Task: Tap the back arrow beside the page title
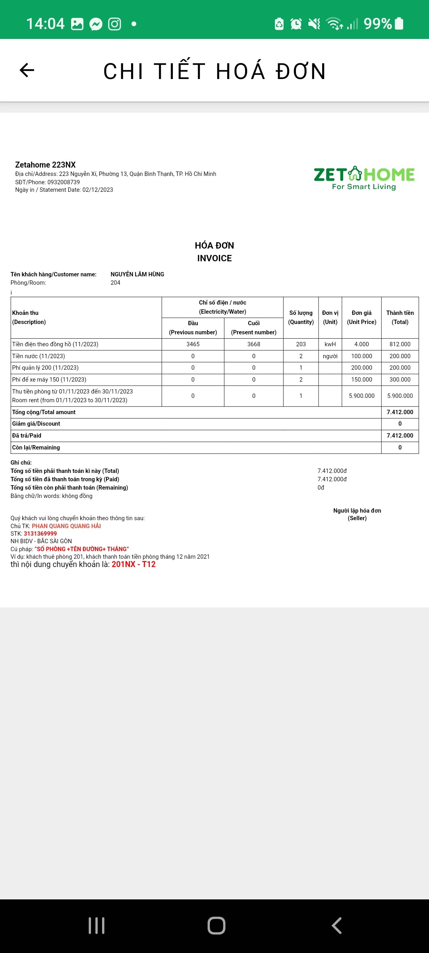pyautogui.click(x=27, y=70)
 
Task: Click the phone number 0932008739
pyautogui.click(x=64, y=182)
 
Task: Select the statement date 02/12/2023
pyautogui.click(x=98, y=190)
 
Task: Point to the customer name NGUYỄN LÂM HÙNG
pyautogui.click(x=137, y=274)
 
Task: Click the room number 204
pyautogui.click(x=115, y=283)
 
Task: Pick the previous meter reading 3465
pyautogui.click(x=193, y=344)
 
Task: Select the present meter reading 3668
pyautogui.click(x=254, y=344)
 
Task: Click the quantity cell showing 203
pyautogui.click(x=301, y=344)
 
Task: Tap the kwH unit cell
pyautogui.click(x=330, y=344)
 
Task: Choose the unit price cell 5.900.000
pyautogui.click(x=361, y=396)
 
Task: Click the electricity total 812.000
pyautogui.click(x=400, y=344)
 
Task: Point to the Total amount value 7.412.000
pyautogui.click(x=400, y=412)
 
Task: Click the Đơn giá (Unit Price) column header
pyautogui.click(x=361, y=317)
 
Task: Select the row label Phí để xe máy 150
pyautogui.click(x=49, y=380)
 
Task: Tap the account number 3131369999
pyautogui.click(x=40, y=534)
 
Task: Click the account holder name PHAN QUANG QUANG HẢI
pyautogui.click(x=66, y=526)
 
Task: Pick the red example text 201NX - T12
pyautogui.click(x=133, y=564)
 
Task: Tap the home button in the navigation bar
pyautogui.click(x=216, y=925)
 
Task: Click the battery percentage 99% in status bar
pyautogui.click(x=378, y=24)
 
